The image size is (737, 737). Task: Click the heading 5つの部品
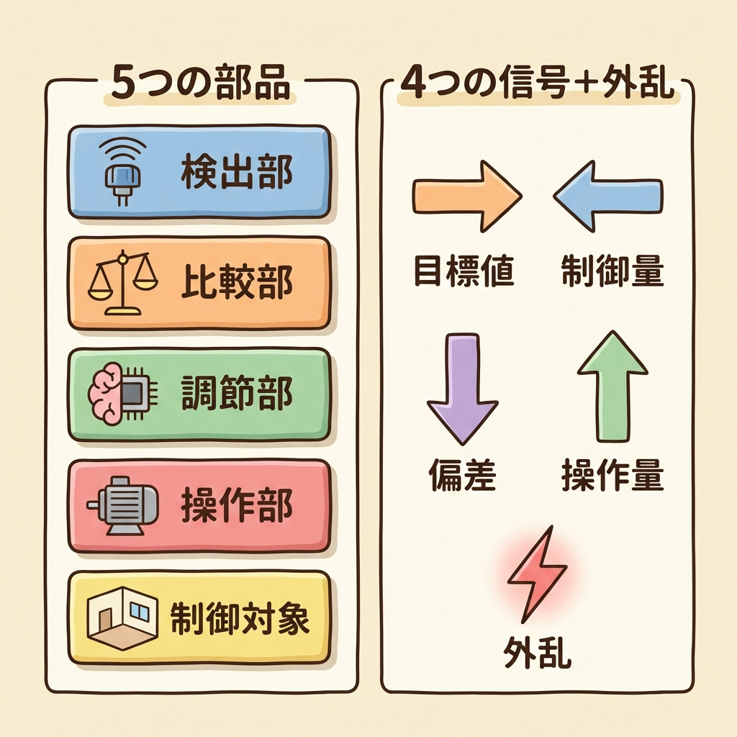(x=201, y=83)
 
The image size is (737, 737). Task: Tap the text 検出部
(x=236, y=173)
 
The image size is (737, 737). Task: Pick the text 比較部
(x=236, y=284)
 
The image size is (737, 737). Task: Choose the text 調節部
(x=236, y=395)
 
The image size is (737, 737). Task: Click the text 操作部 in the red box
(x=236, y=507)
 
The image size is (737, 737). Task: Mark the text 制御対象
(x=240, y=618)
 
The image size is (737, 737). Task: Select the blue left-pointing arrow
(x=608, y=196)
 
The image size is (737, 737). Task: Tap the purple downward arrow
(x=462, y=388)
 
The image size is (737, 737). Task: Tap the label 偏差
(x=464, y=476)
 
